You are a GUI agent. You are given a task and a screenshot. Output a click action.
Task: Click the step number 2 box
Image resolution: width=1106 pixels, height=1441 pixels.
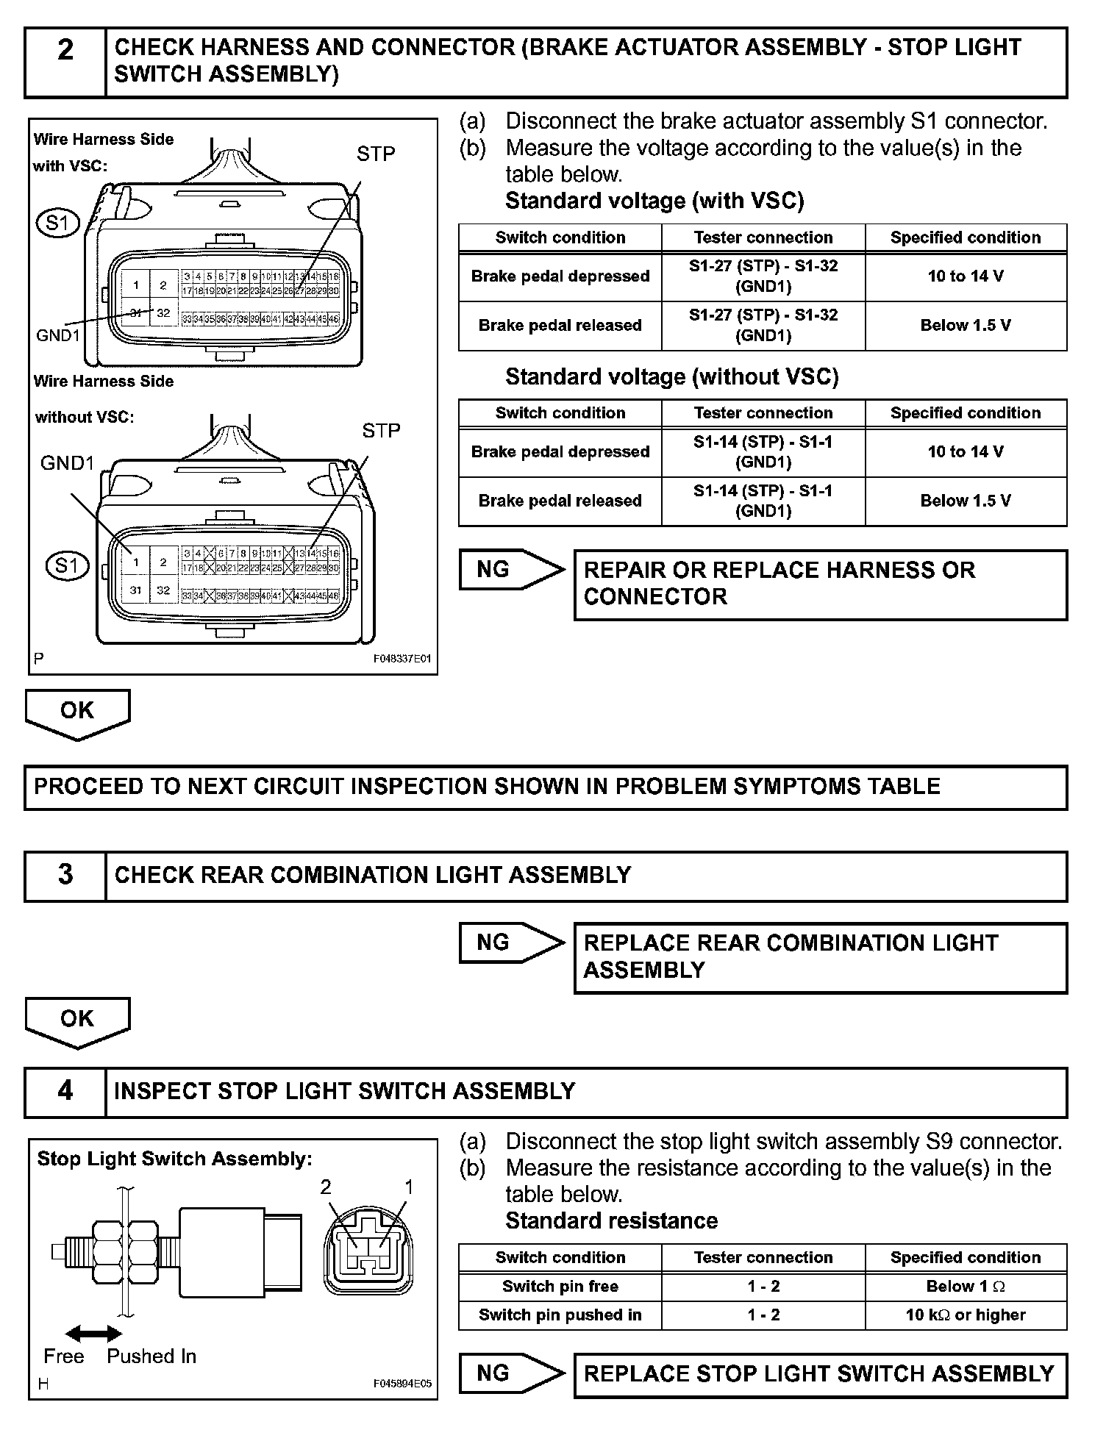pyautogui.click(x=65, y=62)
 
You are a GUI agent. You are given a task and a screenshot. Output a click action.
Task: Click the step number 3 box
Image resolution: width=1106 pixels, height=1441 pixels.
pyautogui.click(x=65, y=876)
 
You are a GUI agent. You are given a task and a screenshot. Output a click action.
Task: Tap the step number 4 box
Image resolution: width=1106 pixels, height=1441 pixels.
pyautogui.click(x=65, y=1092)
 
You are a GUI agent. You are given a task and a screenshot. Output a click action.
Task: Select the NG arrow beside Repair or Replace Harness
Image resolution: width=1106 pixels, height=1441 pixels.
pyautogui.click(x=510, y=570)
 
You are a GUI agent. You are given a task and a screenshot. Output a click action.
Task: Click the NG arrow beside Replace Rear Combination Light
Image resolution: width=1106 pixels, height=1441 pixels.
pyautogui.click(x=510, y=943)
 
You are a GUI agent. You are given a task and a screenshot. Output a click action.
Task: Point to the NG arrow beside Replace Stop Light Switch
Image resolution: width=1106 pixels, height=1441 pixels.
pyautogui.click(x=510, y=1373)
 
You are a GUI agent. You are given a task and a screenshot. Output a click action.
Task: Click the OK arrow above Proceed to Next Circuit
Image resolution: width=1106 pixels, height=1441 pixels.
pyautogui.click(x=77, y=712)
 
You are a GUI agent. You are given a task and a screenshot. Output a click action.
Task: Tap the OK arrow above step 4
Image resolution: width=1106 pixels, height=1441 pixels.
pyautogui.click(x=77, y=1020)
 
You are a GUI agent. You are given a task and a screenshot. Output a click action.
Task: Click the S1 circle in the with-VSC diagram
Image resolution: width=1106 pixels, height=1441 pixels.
pyautogui.click(x=58, y=222)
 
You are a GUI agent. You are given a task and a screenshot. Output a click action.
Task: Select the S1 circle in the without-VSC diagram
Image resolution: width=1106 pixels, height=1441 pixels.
pyautogui.click(x=66, y=565)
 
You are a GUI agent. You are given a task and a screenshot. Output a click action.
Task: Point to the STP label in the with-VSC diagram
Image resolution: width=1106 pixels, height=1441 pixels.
pyautogui.click(x=376, y=154)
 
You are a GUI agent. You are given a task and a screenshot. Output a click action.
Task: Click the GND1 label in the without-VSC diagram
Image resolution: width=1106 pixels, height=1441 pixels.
pyautogui.click(x=68, y=463)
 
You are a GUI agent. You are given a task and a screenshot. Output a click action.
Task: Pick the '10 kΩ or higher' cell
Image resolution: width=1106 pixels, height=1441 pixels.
pyautogui.click(x=965, y=1315)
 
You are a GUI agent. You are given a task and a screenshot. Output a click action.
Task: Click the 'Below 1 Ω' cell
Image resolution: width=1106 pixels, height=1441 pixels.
pyautogui.click(x=965, y=1286)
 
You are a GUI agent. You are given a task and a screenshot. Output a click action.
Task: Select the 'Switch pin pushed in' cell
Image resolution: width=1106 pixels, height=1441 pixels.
pyautogui.click(x=560, y=1315)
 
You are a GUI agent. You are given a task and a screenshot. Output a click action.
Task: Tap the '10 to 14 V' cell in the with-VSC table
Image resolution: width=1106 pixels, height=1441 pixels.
pyautogui.click(x=965, y=276)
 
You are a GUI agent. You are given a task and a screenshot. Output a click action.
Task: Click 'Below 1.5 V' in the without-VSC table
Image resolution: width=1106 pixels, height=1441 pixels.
pyautogui.click(x=965, y=501)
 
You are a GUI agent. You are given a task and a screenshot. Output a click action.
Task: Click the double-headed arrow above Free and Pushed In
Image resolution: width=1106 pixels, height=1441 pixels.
pyautogui.click(x=93, y=1334)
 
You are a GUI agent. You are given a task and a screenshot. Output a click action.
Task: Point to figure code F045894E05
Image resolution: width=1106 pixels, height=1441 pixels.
pyautogui.click(x=402, y=1384)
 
